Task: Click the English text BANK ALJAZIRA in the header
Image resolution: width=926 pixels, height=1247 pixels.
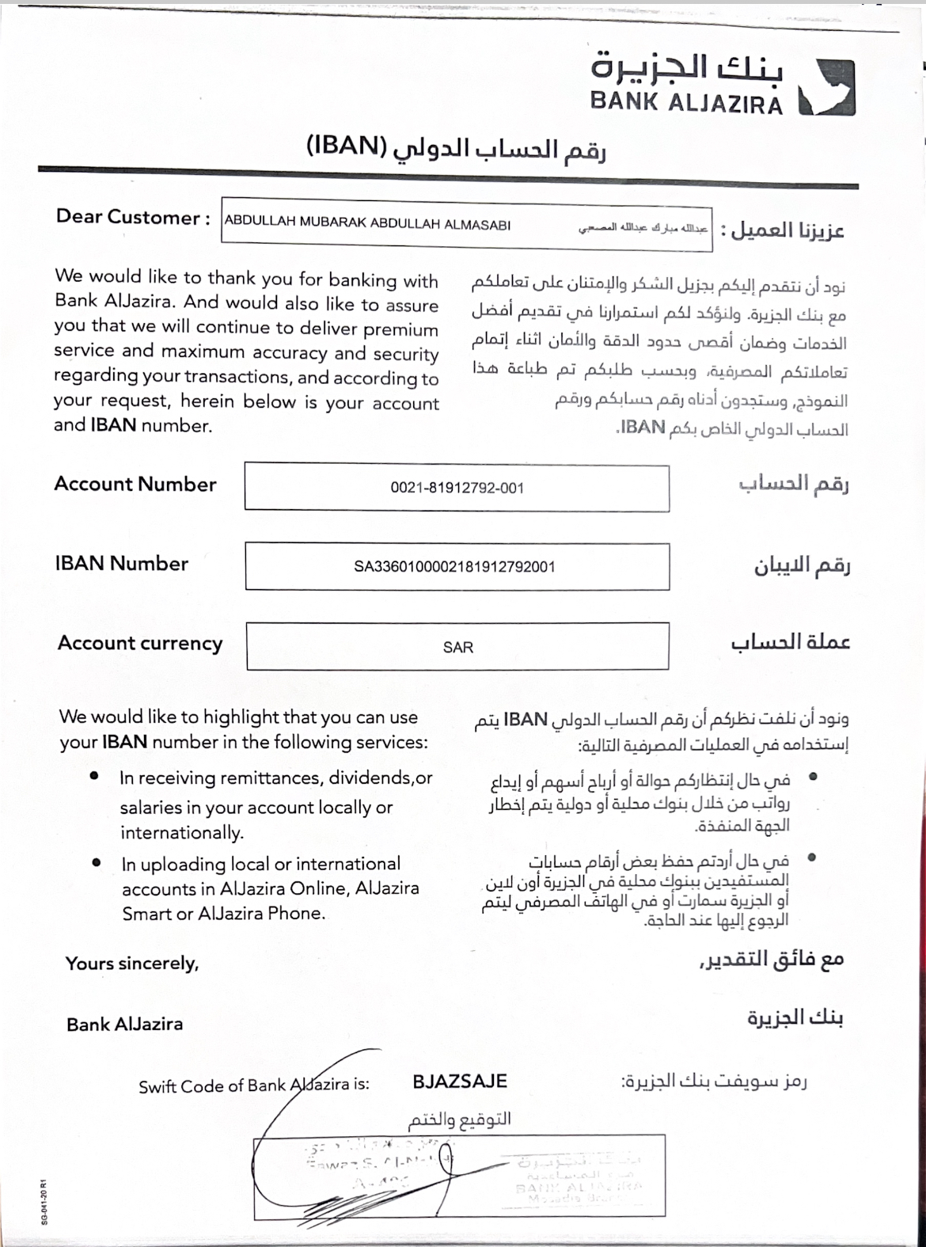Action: pyautogui.click(x=685, y=103)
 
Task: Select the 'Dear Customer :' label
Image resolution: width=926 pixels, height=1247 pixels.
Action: pyautogui.click(x=133, y=218)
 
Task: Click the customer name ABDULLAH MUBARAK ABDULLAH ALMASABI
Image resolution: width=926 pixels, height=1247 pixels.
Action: pyautogui.click(x=367, y=223)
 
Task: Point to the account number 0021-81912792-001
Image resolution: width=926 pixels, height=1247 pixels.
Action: pyautogui.click(x=457, y=488)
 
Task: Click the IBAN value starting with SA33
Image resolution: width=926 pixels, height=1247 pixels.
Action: pyautogui.click(x=454, y=567)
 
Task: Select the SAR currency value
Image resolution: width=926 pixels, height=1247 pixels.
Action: pyautogui.click(x=457, y=648)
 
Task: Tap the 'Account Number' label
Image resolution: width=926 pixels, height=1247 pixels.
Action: pyautogui.click(x=135, y=485)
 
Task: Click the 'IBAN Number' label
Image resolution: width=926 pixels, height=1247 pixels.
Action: pyautogui.click(x=122, y=564)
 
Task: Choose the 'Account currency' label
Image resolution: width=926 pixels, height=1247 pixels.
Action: pyautogui.click(x=140, y=644)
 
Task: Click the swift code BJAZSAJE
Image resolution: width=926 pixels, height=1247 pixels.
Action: pyautogui.click(x=459, y=1082)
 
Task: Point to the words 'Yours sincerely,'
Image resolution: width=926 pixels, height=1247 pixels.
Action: pyautogui.click(x=131, y=964)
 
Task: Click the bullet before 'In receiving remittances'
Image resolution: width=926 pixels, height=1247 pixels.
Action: pyautogui.click(x=95, y=776)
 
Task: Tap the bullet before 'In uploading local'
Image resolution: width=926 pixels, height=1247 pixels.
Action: pyautogui.click(x=96, y=862)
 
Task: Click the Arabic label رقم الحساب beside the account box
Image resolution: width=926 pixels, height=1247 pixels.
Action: pyautogui.click(x=793, y=484)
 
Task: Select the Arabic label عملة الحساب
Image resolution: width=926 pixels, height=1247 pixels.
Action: pyautogui.click(x=790, y=642)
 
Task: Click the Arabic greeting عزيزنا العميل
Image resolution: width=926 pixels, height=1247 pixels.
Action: pyautogui.click(x=787, y=230)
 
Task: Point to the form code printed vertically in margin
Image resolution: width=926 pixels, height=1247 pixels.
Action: pyautogui.click(x=44, y=1200)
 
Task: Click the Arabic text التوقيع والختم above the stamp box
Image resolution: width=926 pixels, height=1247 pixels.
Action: pyautogui.click(x=459, y=1119)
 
